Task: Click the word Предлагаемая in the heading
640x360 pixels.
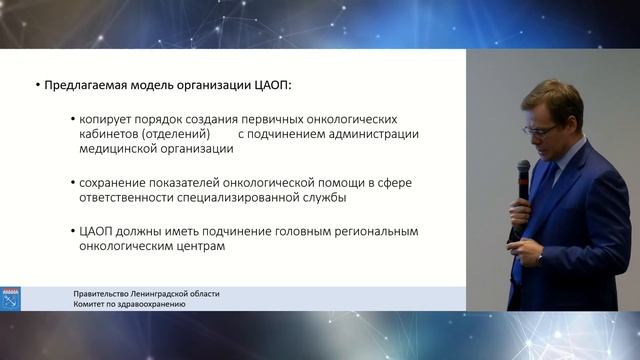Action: (x=90, y=86)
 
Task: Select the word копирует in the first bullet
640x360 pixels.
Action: (x=110, y=117)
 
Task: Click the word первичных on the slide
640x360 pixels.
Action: (x=276, y=117)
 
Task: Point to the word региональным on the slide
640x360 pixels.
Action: (x=374, y=231)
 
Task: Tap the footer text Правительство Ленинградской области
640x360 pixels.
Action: (x=146, y=293)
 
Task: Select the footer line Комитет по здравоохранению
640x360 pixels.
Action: (x=129, y=303)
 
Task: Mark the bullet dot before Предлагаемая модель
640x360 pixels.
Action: (x=37, y=86)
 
